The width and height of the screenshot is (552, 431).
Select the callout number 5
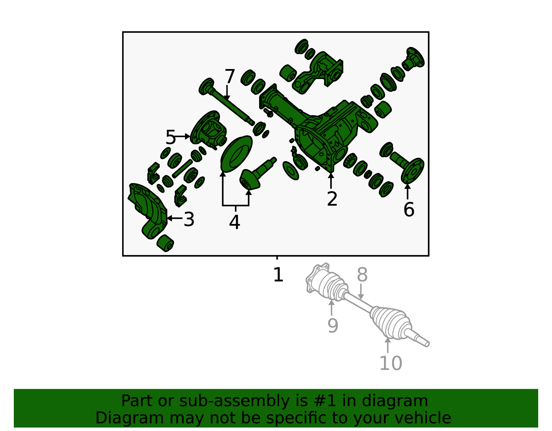170,137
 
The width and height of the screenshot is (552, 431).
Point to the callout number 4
234,222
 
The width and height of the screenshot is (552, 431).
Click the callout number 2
332,199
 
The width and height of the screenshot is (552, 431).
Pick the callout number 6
409,209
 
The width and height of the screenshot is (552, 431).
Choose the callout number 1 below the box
278,275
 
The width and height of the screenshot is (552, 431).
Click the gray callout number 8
362,275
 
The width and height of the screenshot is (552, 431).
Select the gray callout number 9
333,326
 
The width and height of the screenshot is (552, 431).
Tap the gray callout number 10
391,363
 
